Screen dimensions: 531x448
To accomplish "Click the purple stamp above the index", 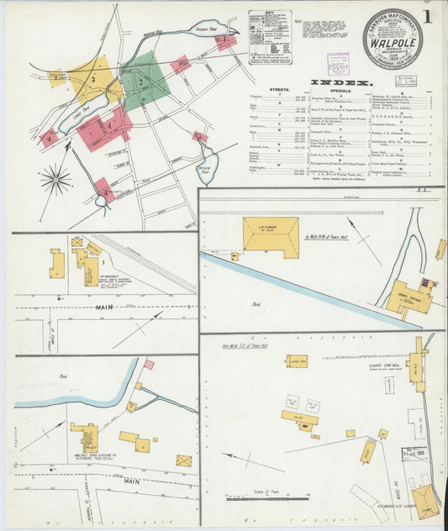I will [x=338, y=63].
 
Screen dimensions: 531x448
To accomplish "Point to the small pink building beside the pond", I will [x=149, y=365].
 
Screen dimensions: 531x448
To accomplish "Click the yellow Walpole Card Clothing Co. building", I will [x=86, y=436].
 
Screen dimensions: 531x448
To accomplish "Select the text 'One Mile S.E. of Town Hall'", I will [x=249, y=344].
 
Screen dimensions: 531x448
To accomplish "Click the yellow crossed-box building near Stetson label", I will [x=183, y=460].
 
